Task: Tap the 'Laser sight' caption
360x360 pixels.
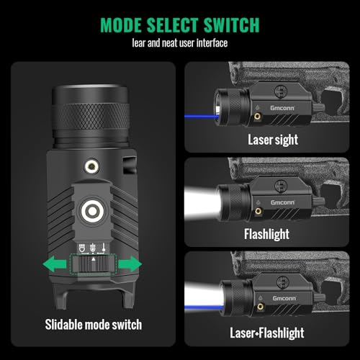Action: point(269,140)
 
